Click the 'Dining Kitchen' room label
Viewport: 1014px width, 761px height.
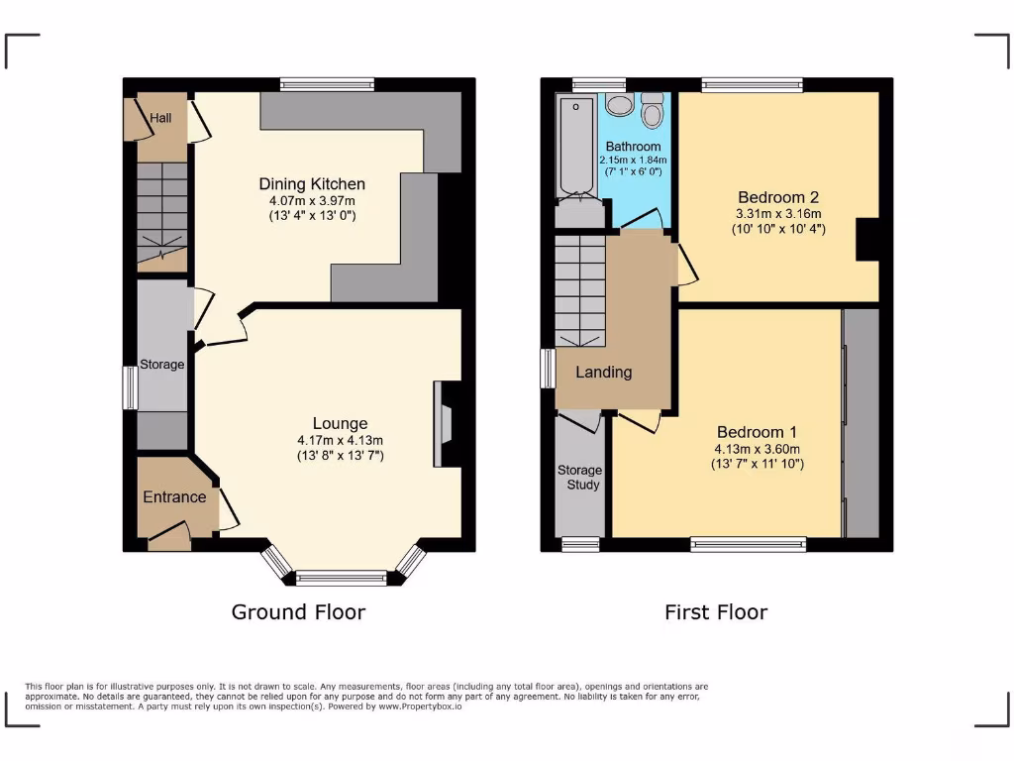tap(312, 184)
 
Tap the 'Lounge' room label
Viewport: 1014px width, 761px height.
tap(340, 423)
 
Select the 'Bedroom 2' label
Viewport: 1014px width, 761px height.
tap(777, 197)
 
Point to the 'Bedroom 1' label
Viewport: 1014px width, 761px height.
tap(757, 432)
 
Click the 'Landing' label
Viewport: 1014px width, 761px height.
tap(604, 373)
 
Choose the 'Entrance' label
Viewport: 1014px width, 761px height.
tap(175, 496)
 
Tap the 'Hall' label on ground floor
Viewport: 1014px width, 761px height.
tap(160, 118)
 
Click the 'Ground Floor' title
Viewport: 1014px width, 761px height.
tap(298, 612)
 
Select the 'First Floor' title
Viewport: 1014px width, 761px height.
tap(716, 612)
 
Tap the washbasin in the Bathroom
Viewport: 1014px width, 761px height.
tap(619, 107)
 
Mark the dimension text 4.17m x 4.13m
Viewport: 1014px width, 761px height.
tap(340, 441)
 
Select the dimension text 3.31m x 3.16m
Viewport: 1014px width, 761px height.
tap(778, 214)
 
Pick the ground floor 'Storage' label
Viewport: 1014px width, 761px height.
tap(161, 365)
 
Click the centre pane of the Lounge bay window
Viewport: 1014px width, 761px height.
tap(342, 578)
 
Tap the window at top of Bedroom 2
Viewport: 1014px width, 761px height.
tap(752, 86)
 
